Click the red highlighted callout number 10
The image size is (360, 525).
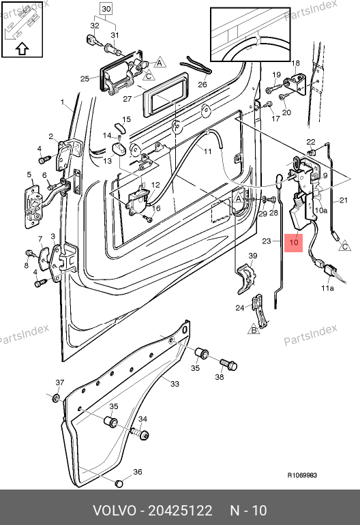pyautogui.click(x=293, y=242)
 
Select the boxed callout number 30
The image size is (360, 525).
pyautogui.click(x=106, y=9)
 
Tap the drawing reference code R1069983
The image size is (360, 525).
pyautogui.click(x=302, y=475)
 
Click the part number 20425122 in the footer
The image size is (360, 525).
pyautogui.click(x=180, y=511)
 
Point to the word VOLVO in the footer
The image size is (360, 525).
pyautogui.click(x=115, y=511)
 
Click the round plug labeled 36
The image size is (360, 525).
pyautogui.click(x=119, y=483)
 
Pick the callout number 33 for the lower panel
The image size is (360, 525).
pyautogui.click(x=175, y=384)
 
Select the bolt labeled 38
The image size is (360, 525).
pyautogui.click(x=228, y=363)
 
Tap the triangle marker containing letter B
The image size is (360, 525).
pyautogui.click(x=254, y=330)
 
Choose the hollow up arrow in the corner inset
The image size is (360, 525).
pyautogui.click(x=22, y=48)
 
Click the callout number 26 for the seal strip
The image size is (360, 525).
pyautogui.click(x=202, y=85)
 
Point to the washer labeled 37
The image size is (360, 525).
pyautogui.click(x=57, y=397)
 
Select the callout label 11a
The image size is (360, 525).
pyautogui.click(x=327, y=288)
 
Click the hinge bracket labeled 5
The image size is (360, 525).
pyautogui.click(x=33, y=207)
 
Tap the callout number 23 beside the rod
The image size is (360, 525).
pyautogui.click(x=266, y=241)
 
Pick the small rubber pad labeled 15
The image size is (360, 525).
pyautogui.click(x=119, y=128)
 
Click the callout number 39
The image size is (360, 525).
pyautogui.click(x=253, y=256)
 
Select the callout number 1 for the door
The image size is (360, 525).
pyautogui.click(x=62, y=102)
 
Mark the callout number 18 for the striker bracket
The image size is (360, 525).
pyautogui.click(x=296, y=63)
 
